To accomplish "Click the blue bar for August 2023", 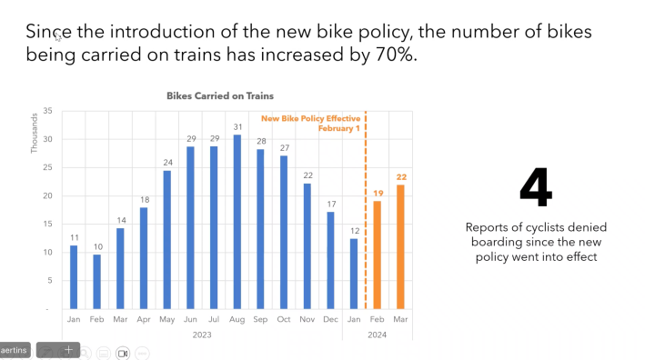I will click(237, 222).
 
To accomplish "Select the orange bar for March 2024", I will click(399, 246).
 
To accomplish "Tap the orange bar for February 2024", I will click(377, 255).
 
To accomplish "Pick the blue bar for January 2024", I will click(354, 273).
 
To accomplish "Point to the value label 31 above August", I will click(237, 126).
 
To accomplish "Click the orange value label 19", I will click(377, 193).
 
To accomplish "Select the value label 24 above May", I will click(167, 163).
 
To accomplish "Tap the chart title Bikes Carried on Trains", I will click(219, 95).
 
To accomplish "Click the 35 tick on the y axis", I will click(46, 112).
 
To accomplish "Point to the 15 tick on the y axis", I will click(46, 225).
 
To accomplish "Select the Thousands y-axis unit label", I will click(35, 133).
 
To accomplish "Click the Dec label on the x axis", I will click(330, 319).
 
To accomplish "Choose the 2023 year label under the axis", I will click(202, 334).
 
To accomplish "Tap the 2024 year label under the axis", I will click(377, 334).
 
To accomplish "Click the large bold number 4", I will click(535, 188).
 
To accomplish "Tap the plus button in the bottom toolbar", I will click(67, 350).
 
